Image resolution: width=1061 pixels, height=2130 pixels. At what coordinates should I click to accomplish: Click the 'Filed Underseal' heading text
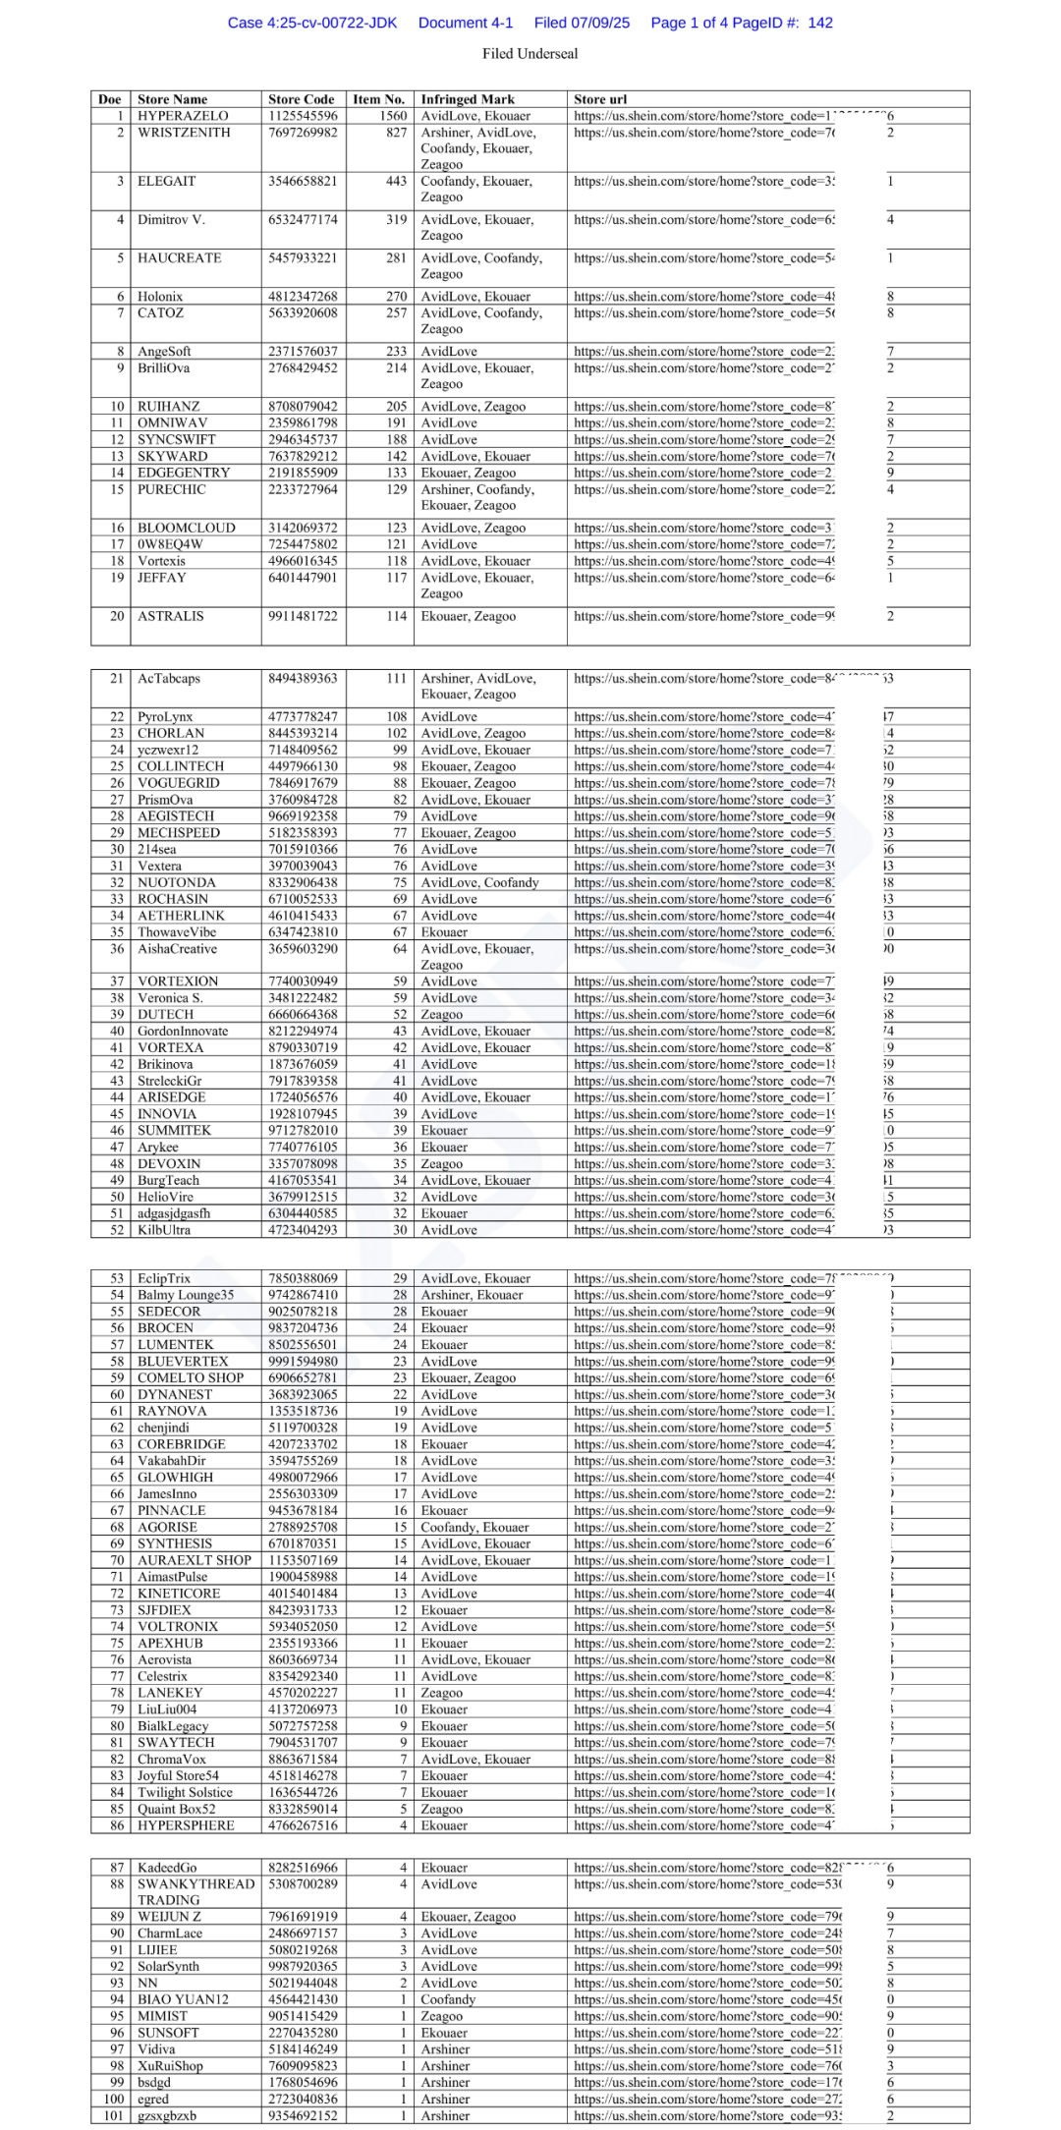tap(530, 54)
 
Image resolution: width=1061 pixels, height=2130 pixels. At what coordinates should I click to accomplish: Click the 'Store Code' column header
tap(301, 99)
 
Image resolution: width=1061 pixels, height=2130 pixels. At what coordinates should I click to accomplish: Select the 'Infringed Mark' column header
tap(468, 99)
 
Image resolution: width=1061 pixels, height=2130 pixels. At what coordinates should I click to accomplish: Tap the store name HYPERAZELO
tap(183, 116)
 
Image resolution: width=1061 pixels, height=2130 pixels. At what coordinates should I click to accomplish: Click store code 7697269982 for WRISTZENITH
tap(303, 133)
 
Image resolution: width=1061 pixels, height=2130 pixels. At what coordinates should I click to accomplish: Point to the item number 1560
tap(393, 116)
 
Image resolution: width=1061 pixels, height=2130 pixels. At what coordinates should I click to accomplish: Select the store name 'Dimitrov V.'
tap(171, 219)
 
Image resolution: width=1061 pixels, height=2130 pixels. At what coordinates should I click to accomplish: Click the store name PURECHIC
tap(172, 489)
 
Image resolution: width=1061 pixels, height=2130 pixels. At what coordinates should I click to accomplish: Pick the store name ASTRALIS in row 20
tap(171, 616)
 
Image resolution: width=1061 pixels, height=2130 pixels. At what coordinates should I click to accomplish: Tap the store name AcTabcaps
tap(169, 678)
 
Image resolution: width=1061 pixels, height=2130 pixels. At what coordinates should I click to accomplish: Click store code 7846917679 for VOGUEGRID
tap(303, 783)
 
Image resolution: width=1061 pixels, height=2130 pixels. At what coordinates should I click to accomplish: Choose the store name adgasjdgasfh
tap(174, 1213)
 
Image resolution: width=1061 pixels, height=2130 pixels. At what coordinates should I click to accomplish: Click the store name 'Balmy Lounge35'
tap(186, 1295)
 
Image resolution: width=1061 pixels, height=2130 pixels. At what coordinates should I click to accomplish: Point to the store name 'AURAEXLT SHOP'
tap(195, 1560)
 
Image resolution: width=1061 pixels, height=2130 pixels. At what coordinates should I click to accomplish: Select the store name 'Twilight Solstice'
tap(185, 1792)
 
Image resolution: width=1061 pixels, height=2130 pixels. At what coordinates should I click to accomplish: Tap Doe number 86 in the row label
tap(117, 1825)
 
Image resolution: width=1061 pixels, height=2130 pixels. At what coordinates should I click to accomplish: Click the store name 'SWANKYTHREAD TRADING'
tap(195, 1892)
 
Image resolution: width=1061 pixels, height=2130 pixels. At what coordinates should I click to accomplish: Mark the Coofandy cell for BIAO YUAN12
tap(448, 1999)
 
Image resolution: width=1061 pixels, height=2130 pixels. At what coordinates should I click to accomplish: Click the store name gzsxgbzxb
tap(167, 2115)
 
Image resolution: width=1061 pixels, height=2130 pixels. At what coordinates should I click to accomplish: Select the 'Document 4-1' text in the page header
tap(466, 23)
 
